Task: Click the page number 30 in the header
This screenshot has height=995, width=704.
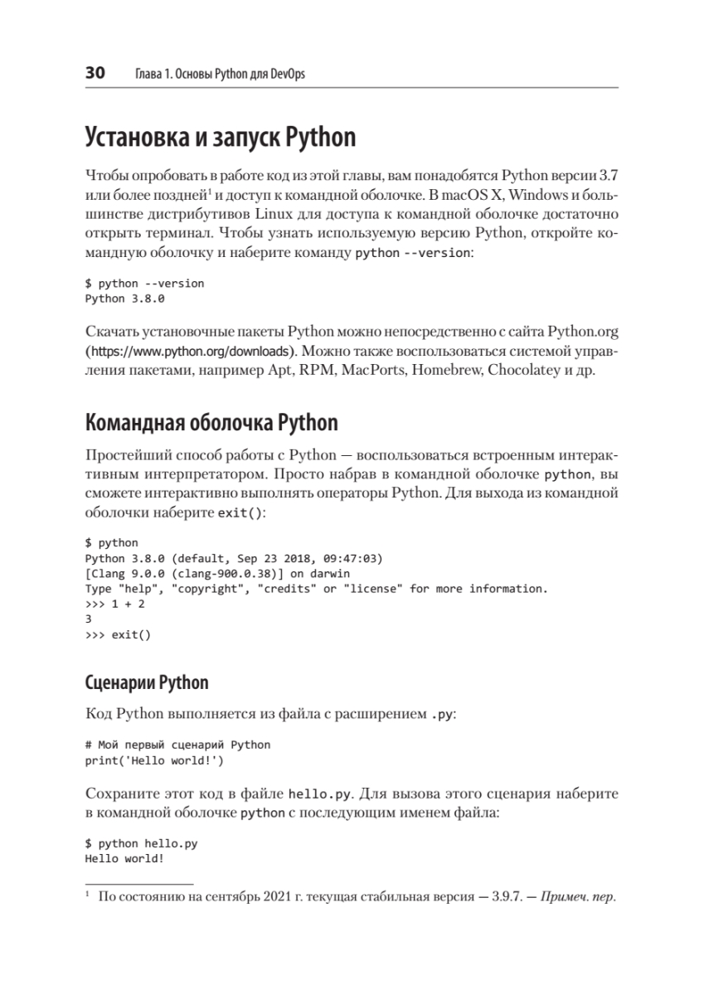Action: coord(95,74)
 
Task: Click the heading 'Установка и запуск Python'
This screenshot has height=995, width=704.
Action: coord(220,137)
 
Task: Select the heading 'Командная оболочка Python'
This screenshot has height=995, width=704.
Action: coord(211,423)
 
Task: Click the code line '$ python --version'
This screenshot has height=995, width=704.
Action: coord(144,283)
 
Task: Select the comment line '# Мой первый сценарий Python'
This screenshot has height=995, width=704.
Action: coord(177,744)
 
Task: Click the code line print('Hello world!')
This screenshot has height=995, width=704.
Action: coord(154,759)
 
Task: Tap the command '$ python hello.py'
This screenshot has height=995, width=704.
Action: coord(141,843)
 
